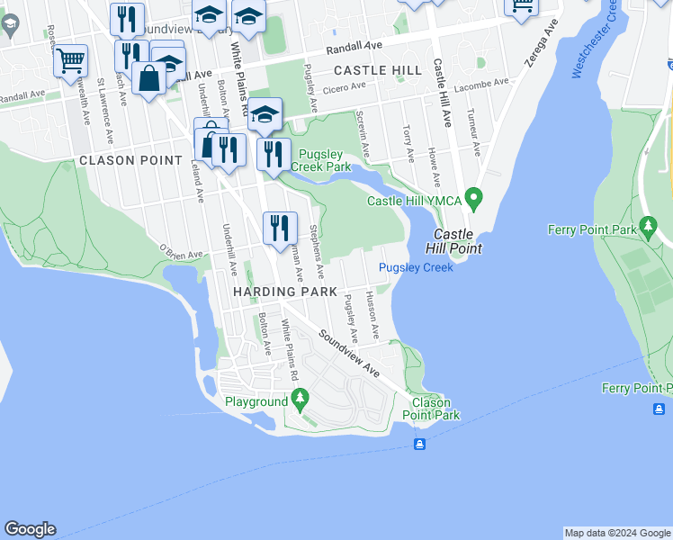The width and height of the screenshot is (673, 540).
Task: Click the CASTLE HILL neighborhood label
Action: click(x=377, y=69)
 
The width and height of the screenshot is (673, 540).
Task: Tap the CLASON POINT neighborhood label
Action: click(x=118, y=160)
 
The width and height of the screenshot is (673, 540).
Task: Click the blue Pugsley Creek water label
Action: click(x=416, y=267)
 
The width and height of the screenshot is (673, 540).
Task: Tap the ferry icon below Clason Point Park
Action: click(x=419, y=445)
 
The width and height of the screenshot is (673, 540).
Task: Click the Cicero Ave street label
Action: click(x=345, y=87)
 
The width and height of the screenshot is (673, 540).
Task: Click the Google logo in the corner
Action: click(x=30, y=529)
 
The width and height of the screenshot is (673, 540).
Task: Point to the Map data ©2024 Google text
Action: click(x=617, y=533)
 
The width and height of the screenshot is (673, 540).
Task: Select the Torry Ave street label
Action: click(x=408, y=143)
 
